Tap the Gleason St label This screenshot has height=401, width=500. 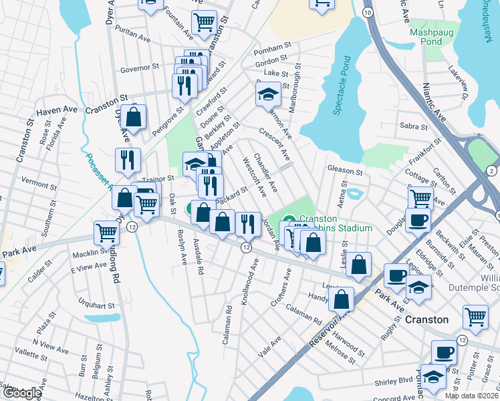click(x=344, y=171)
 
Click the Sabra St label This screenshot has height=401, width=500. click(x=413, y=126)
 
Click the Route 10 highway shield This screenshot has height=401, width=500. click(x=368, y=13)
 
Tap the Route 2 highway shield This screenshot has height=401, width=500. click(x=492, y=170)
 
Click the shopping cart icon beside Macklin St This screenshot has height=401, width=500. click(x=107, y=233)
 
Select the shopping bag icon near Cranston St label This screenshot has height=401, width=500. click(x=134, y=117)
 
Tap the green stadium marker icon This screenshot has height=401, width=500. click(x=289, y=219)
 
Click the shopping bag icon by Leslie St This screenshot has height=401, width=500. click(x=359, y=265)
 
